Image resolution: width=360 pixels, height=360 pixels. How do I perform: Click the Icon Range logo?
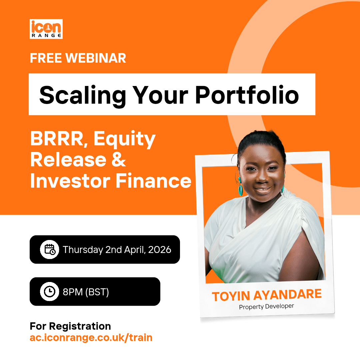(x=46, y=29)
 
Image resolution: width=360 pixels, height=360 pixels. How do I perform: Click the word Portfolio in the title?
(x=247, y=95)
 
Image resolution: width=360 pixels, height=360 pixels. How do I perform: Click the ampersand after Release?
(x=119, y=160)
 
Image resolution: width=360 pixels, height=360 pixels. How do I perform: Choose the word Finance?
(x=153, y=181)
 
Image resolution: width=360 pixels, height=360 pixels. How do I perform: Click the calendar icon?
(x=50, y=250)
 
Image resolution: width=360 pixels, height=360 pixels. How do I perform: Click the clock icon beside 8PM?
(x=50, y=292)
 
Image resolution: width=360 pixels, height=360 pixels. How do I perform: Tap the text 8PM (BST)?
(x=86, y=292)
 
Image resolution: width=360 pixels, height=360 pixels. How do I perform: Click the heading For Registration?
(x=70, y=326)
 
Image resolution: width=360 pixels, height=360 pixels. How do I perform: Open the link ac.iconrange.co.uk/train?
(x=91, y=338)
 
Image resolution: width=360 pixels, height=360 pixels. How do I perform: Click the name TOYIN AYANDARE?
(x=267, y=295)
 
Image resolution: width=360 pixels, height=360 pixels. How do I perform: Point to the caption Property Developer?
(x=266, y=307)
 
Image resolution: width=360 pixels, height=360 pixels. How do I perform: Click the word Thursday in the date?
(x=83, y=250)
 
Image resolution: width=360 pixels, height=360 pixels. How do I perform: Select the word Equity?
(x=124, y=140)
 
